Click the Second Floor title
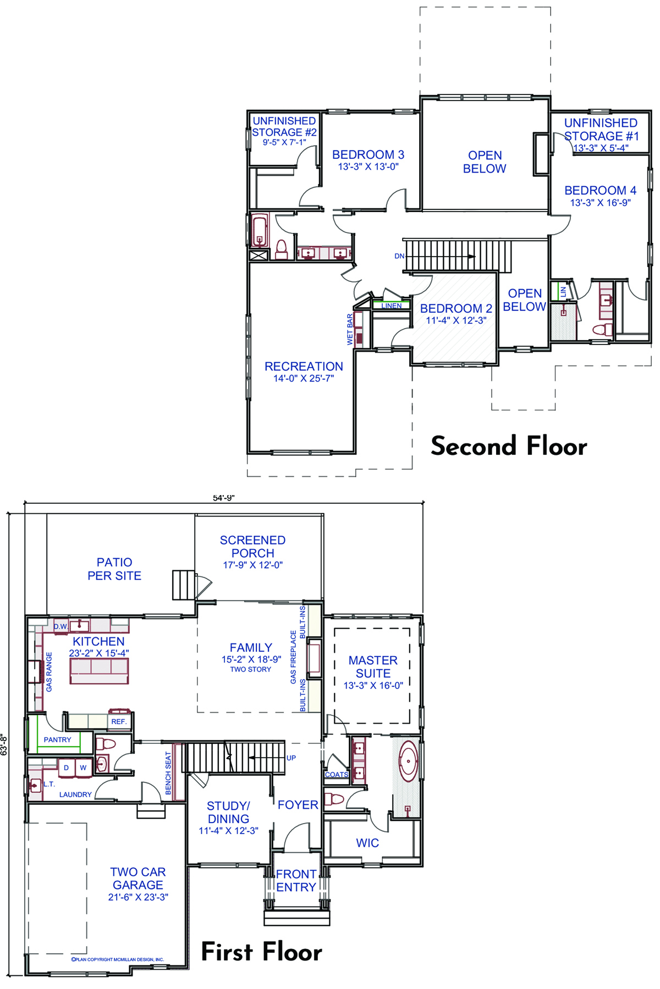pyautogui.click(x=509, y=446)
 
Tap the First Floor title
pyautogui.click(x=262, y=952)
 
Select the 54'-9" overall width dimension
pyautogui.click(x=224, y=498)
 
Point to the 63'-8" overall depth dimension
pyautogui.click(x=4, y=745)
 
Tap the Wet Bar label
pyautogui.click(x=350, y=330)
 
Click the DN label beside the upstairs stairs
pyautogui.click(x=399, y=256)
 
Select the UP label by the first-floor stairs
pyautogui.click(x=291, y=758)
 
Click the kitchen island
pyautogui.click(x=99, y=671)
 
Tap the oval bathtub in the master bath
pyautogui.click(x=408, y=761)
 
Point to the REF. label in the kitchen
pyautogui.click(x=119, y=721)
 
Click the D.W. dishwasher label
pyautogui.click(x=61, y=626)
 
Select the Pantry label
pyautogui.click(x=57, y=740)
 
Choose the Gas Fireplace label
pyautogui.click(x=293, y=657)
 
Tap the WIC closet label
pyautogui.click(x=367, y=843)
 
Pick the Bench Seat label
pyautogui.click(x=168, y=773)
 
